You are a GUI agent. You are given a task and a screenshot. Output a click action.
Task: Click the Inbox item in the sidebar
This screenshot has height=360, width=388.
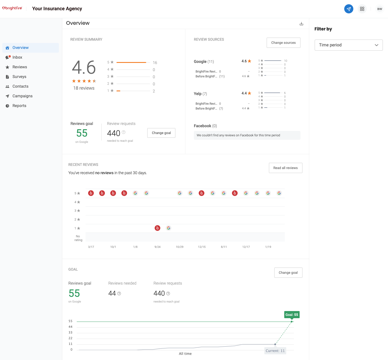(17, 57)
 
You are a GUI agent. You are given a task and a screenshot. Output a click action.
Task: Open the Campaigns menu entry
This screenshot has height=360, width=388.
(22, 96)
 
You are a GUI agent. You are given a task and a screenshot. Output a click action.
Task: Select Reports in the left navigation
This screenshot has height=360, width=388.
(19, 106)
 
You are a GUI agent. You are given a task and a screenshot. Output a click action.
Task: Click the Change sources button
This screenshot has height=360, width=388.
(283, 43)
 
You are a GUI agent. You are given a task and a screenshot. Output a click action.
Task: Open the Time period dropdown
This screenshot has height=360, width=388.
(348, 45)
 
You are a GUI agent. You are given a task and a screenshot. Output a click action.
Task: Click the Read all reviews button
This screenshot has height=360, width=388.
(285, 168)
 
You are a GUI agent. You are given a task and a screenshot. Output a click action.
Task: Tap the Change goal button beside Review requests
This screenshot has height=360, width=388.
(161, 133)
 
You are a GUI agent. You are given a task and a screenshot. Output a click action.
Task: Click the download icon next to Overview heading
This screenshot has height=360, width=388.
(301, 24)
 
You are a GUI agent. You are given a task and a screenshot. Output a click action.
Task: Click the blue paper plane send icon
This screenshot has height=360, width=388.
(348, 9)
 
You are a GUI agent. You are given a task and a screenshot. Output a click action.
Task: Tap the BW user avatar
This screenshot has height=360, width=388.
(379, 9)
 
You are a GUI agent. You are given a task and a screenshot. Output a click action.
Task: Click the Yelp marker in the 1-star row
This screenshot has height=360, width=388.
(157, 228)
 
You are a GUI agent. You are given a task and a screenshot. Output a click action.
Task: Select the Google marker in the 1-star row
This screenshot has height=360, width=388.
(169, 228)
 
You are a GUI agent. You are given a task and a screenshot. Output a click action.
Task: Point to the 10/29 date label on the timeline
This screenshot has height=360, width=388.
(179, 247)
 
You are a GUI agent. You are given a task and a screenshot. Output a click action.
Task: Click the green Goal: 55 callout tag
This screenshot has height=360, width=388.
(292, 315)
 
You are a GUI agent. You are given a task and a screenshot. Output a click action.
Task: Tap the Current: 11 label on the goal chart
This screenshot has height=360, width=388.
(275, 351)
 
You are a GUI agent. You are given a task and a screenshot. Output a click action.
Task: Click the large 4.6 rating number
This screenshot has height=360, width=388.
(84, 67)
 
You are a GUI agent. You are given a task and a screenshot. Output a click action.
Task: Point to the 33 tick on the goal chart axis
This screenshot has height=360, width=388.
(70, 332)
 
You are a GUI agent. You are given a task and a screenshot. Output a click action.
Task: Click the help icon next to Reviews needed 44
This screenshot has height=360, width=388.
(119, 293)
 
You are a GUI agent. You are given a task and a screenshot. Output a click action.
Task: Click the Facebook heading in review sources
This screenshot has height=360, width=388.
(202, 126)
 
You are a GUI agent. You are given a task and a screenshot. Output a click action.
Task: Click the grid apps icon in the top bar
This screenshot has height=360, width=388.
(362, 9)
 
